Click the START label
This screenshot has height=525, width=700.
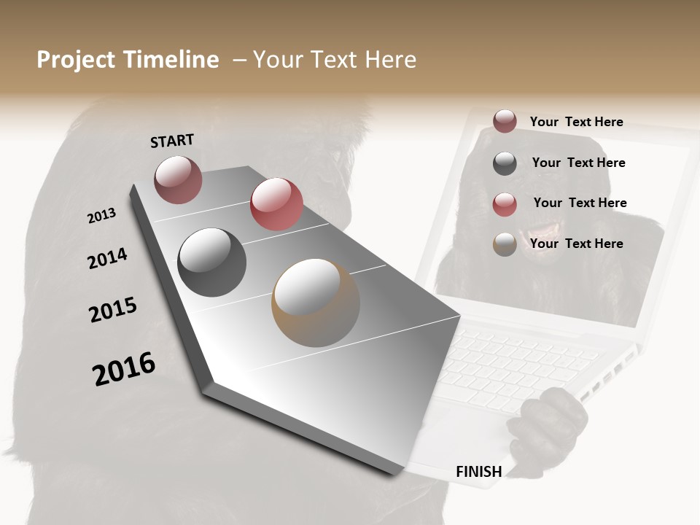tap(172, 140)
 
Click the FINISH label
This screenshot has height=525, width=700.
tap(478, 472)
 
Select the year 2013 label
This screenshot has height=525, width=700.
tap(101, 216)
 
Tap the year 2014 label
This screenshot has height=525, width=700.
tap(107, 258)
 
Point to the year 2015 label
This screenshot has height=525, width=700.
tap(113, 310)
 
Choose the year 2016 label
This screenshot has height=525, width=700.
tap(124, 369)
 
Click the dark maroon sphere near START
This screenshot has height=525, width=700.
tap(178, 179)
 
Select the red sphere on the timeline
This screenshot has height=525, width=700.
tap(276, 204)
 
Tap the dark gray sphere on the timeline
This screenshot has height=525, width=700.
tap(211, 262)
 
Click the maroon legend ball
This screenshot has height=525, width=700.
tap(505, 121)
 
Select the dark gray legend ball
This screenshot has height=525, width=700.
tap(505, 163)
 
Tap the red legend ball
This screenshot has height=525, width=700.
tap(505, 204)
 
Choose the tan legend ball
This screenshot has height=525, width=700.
tap(505, 244)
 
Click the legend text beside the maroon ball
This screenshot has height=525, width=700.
tap(576, 122)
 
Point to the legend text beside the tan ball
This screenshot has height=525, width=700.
tap(576, 244)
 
